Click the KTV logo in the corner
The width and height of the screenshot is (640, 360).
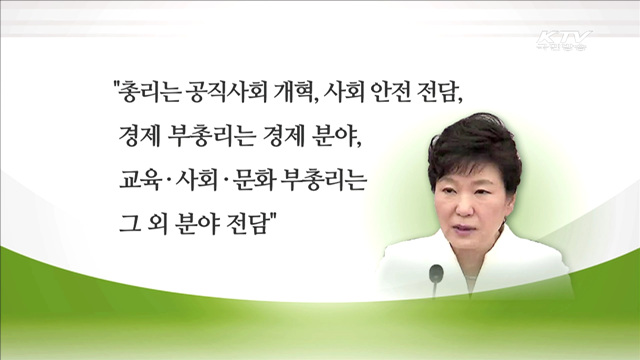(x=565, y=41)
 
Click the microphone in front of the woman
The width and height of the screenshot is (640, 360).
(x=435, y=272)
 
